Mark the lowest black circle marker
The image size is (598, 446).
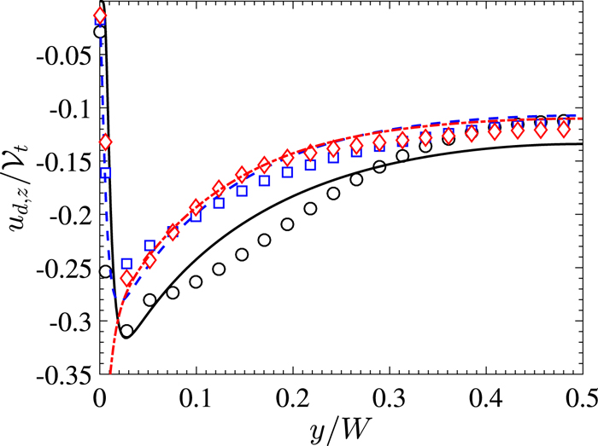[x=126, y=331]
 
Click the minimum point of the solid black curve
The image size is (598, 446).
[x=126, y=337]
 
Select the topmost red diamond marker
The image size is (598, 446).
[x=100, y=16]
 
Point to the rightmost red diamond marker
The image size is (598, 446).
[x=563, y=130]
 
